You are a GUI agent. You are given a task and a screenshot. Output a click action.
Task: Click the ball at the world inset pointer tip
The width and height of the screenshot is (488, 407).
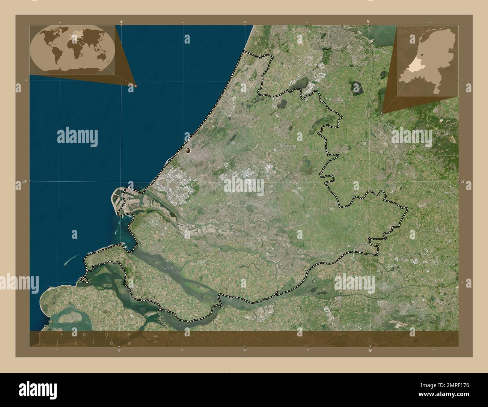[x=136, y=86]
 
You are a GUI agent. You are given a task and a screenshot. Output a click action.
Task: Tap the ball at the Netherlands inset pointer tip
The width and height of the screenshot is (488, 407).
[x=382, y=113]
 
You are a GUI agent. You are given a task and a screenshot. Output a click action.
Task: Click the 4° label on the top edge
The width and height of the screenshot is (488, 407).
[x=121, y=22]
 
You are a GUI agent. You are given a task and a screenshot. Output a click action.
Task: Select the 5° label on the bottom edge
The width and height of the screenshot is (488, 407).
[x=371, y=350]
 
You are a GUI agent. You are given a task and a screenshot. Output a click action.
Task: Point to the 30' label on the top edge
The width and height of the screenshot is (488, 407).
[x=245, y=22]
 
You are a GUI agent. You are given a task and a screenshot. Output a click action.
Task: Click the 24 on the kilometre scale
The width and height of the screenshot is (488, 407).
[x=129, y=335]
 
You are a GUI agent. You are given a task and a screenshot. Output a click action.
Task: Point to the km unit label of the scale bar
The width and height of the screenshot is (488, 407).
[x=155, y=335]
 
